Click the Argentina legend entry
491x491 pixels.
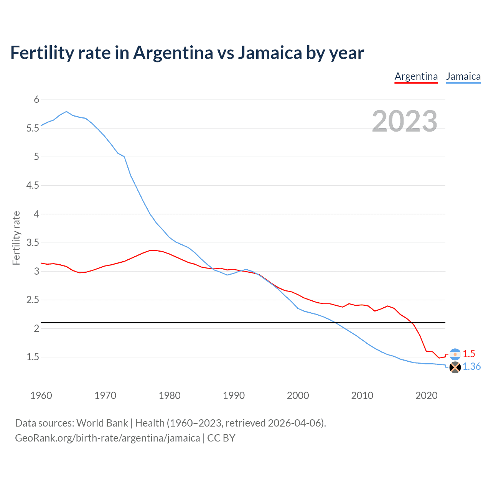[416, 76]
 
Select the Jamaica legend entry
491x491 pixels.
[463, 76]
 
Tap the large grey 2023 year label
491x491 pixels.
[405, 121]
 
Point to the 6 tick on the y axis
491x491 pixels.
[37, 100]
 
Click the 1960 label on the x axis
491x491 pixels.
[41, 395]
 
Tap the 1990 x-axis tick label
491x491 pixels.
[234, 395]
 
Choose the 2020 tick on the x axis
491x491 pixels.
[426, 395]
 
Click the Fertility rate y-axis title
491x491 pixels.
[16, 238]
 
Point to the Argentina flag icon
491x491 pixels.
[455, 354]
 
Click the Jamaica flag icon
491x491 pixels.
[455, 367]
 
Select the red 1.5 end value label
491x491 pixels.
[469, 354]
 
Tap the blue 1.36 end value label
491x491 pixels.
[471, 367]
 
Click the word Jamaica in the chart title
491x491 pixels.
[270, 53]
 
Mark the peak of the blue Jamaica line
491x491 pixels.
[66, 112]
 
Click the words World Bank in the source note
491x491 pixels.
[102, 423]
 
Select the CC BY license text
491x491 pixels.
[221, 438]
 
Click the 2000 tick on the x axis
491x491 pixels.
[298, 395]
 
